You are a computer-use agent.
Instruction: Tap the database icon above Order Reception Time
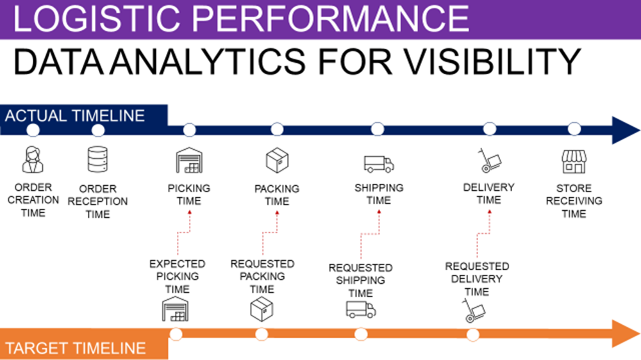tap(97, 160)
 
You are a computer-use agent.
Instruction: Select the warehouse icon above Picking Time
tap(188, 160)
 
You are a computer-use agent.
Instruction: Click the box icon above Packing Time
tap(277, 160)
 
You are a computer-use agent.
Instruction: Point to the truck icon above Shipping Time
tap(378, 163)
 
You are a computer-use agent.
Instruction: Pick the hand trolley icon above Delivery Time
tap(489, 160)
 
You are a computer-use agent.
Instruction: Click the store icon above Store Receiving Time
tap(574, 161)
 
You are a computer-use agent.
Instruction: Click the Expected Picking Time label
tap(177, 276)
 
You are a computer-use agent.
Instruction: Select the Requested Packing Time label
tap(262, 276)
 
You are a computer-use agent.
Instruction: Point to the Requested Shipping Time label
tap(360, 280)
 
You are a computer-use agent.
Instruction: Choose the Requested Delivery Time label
tap(477, 279)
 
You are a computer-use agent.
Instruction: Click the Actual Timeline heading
tap(75, 116)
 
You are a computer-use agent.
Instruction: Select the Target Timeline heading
tap(76, 349)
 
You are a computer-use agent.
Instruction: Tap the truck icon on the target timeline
tap(360, 310)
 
